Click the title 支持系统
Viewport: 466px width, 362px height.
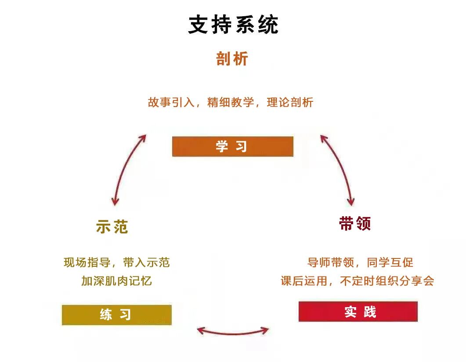coord(233,25)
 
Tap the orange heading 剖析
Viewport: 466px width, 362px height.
coord(232,59)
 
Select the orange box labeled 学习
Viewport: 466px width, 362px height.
coord(232,147)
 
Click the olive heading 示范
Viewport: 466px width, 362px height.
coord(112,227)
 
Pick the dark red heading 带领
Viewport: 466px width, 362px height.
coord(355,224)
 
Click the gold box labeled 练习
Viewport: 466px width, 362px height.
coord(116,315)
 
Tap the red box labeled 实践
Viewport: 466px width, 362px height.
coord(358,312)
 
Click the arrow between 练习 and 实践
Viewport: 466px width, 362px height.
coord(233,330)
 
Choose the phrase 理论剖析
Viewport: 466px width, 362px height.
coord(290,103)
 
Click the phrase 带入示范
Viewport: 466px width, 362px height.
coord(146,263)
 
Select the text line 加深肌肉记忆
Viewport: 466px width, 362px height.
coord(116,281)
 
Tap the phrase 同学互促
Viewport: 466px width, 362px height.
coord(390,263)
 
